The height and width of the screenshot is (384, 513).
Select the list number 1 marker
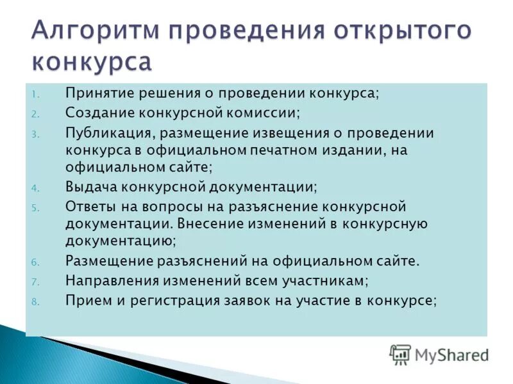coord(35,94)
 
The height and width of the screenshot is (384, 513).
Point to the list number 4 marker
coord(36,188)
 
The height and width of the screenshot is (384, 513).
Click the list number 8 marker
coord(36,301)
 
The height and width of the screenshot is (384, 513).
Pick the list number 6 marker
coord(36,262)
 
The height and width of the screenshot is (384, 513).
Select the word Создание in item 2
coord(97,112)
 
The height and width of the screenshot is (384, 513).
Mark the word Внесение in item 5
coord(207,225)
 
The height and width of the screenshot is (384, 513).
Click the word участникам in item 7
coord(323,280)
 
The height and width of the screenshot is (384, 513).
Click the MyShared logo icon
coord(400,354)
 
